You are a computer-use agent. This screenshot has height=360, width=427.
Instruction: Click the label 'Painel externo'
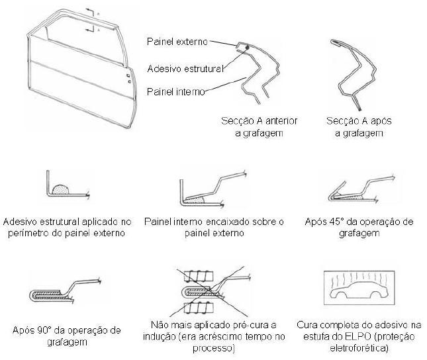pyautogui.click(x=177, y=42)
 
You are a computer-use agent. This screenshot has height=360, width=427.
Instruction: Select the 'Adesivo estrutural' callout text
pyautogui.click(x=185, y=69)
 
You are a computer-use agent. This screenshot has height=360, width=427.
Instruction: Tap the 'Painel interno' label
pyautogui.click(x=176, y=92)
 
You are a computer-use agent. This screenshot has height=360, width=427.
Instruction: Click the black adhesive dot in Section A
pyautogui.click(x=248, y=48)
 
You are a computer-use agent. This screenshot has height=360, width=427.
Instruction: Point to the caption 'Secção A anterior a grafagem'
pyautogui.click(x=259, y=127)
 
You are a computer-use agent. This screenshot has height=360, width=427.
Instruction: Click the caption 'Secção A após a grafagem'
pyautogui.click(x=359, y=127)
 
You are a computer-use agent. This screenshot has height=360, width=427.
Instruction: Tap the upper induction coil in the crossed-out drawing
pyautogui.click(x=199, y=276)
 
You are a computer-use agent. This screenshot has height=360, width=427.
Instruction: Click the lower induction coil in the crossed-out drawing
pyautogui.click(x=199, y=308)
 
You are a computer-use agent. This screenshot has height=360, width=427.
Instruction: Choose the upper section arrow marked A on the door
pyautogui.click(x=91, y=11)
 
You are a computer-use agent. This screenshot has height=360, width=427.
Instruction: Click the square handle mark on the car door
pyautogui.click(x=128, y=75)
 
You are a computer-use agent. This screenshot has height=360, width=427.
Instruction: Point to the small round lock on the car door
pyautogui.click(x=129, y=81)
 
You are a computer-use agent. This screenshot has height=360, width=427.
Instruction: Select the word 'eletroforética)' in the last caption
pyautogui.click(x=359, y=348)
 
